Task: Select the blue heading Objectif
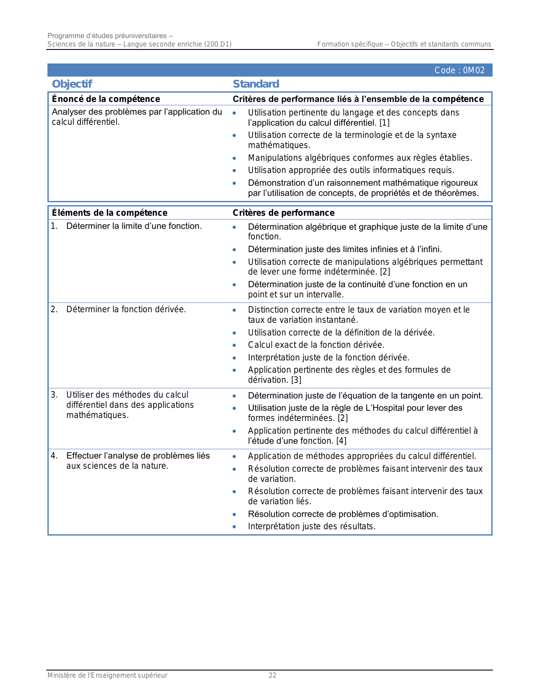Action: [x=72, y=84]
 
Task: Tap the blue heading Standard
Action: [x=256, y=84]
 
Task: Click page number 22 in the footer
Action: [x=272, y=675]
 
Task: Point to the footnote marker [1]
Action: [x=384, y=123]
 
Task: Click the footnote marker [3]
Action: [x=296, y=380]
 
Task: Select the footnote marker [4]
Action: [x=341, y=441]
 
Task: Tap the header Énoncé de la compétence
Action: [x=106, y=99]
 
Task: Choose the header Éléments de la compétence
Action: [x=109, y=213]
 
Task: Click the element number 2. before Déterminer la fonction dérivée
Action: [x=54, y=309]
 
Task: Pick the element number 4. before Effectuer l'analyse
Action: [x=54, y=456]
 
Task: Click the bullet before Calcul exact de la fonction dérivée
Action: [x=234, y=345]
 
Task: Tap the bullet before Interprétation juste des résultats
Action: [x=234, y=527]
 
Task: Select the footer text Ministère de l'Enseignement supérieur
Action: [x=107, y=675]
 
